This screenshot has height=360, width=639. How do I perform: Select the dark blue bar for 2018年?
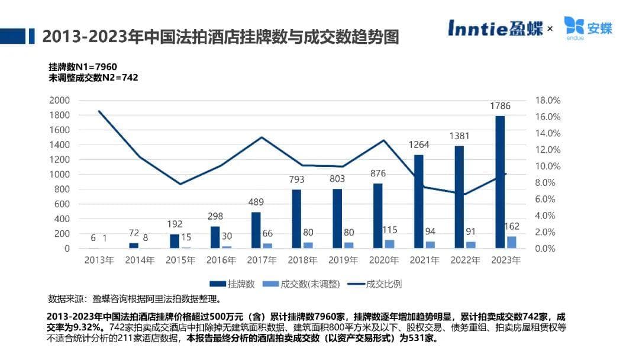coord(296,218)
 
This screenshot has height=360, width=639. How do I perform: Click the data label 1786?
coord(500,106)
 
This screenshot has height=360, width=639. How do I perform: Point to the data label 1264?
coord(419,144)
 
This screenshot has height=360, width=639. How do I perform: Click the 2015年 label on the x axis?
coord(180,260)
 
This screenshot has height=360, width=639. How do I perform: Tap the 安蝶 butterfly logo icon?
coord(573,25)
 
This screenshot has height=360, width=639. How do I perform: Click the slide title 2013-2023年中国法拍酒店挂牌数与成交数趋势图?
coord(221,37)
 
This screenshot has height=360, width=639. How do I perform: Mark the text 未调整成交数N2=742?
coord(93,77)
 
